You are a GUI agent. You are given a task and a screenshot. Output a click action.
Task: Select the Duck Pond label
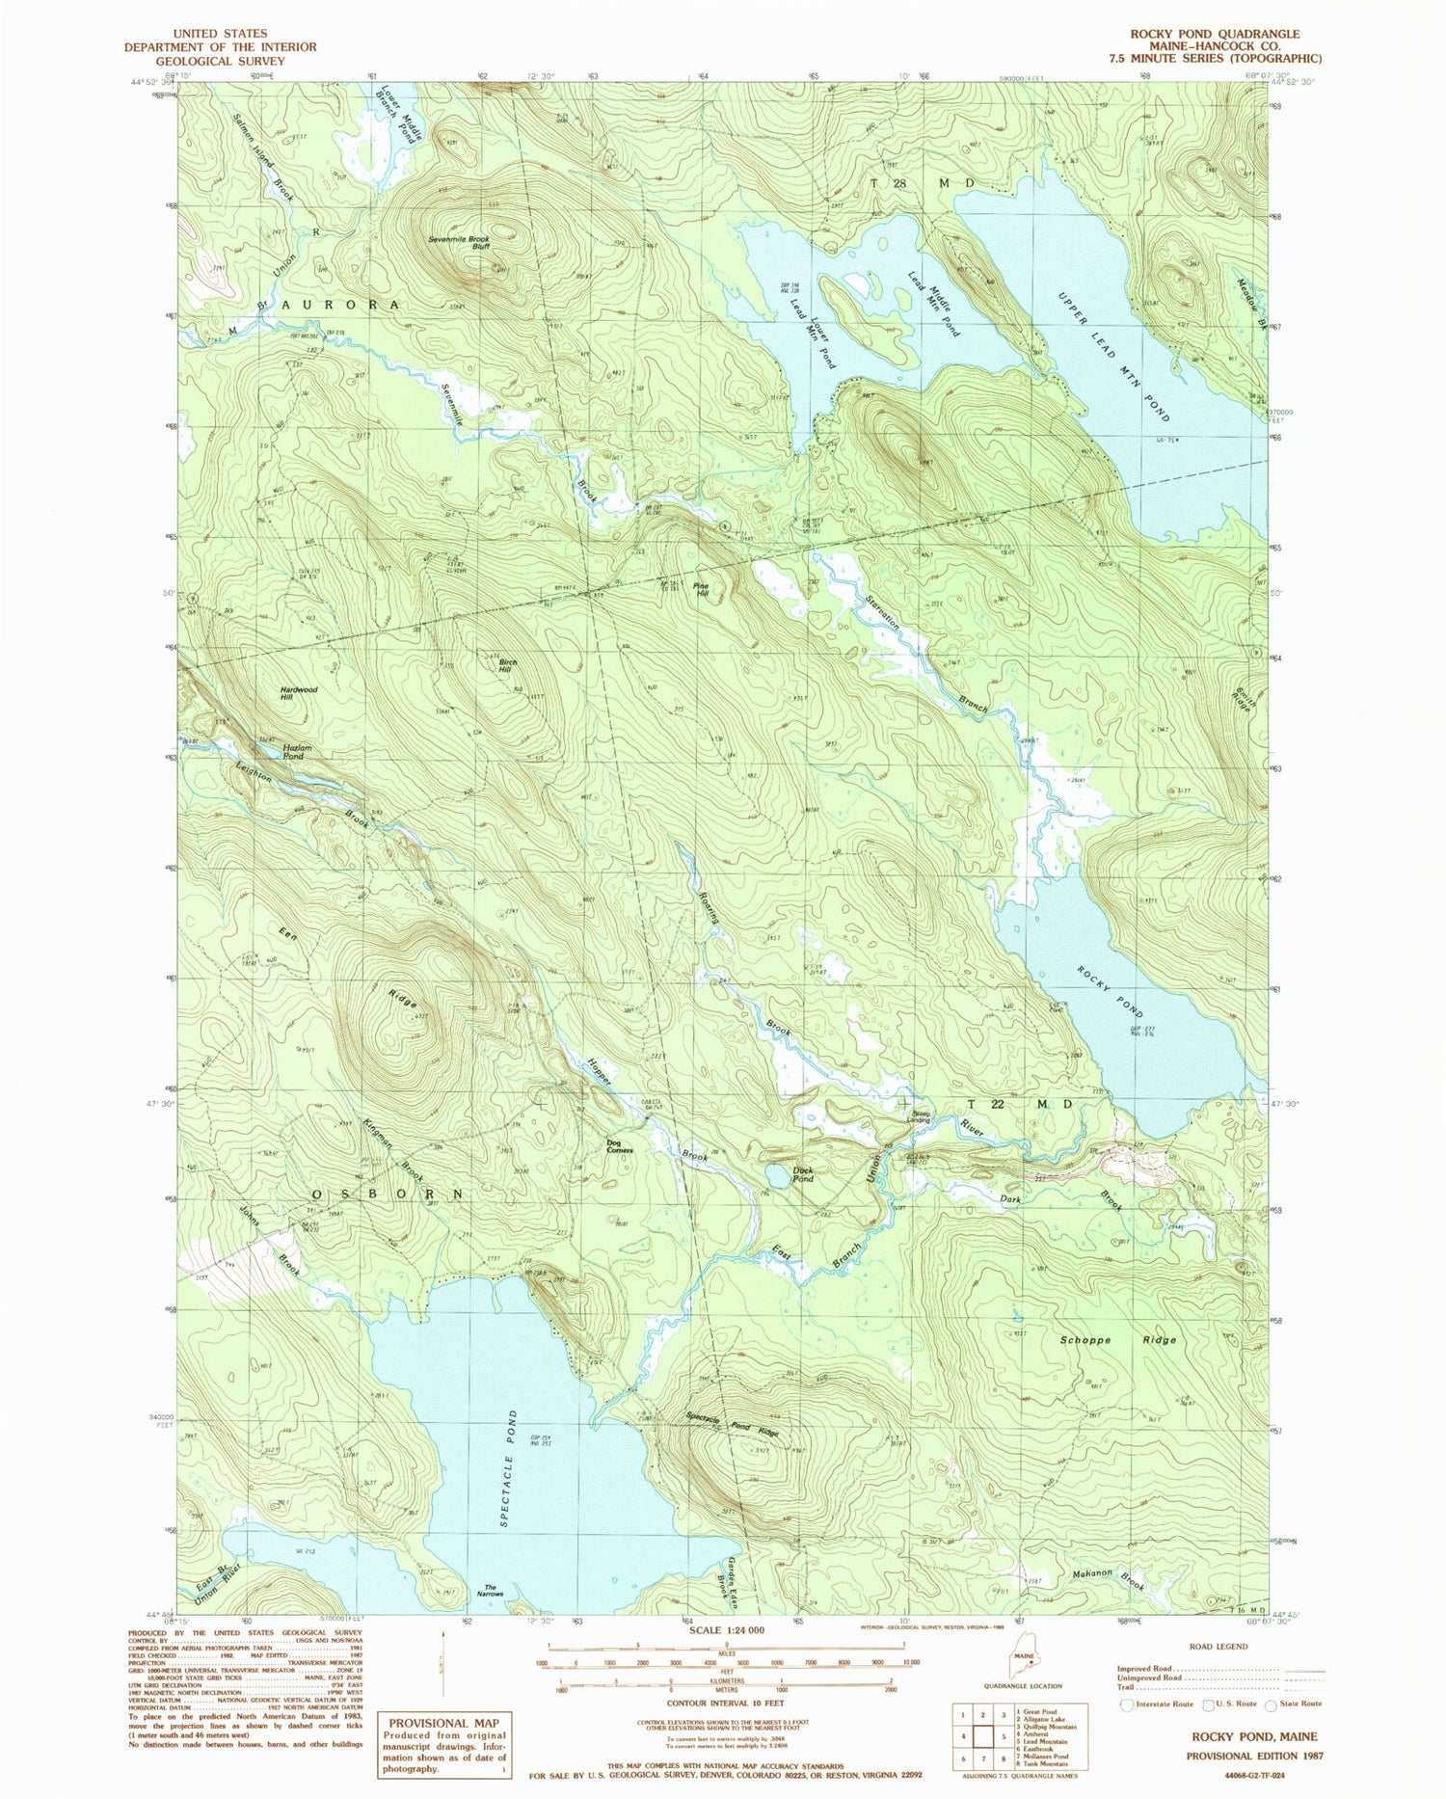[802, 1174]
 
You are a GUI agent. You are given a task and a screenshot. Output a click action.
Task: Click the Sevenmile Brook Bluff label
[460, 242]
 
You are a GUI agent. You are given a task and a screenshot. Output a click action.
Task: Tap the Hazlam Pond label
[294, 752]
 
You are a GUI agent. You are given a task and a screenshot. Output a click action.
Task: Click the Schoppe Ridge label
[1118, 1340]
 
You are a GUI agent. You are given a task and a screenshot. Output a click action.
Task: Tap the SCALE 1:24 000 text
[727, 1629]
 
